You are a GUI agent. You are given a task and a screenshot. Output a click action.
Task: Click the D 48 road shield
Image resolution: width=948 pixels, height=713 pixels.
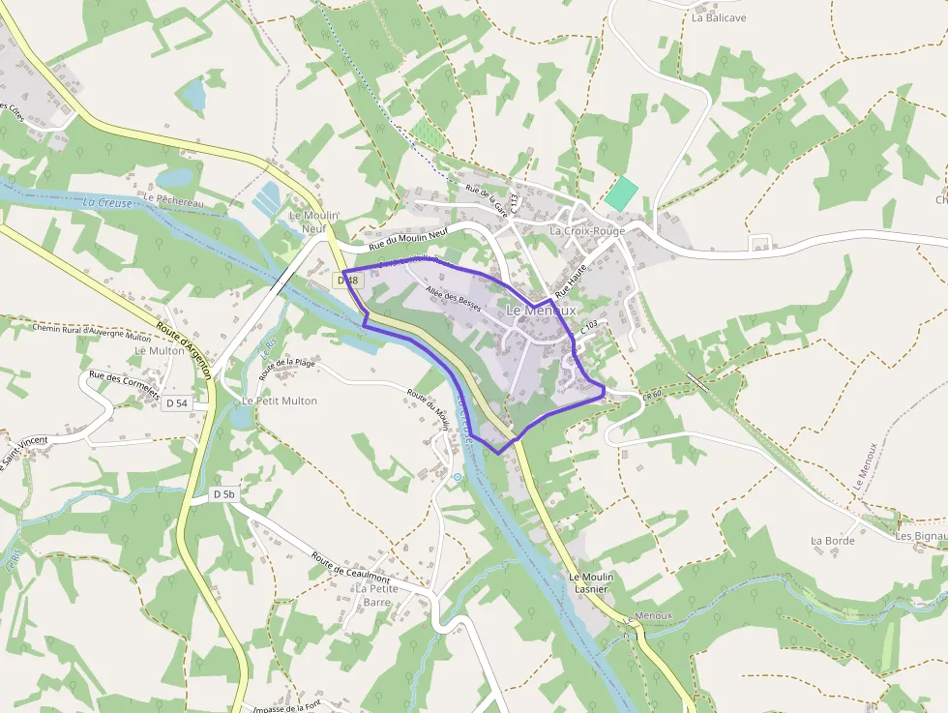pos(348,281)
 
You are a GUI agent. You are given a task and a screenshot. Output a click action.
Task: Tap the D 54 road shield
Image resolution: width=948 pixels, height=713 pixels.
pos(176,402)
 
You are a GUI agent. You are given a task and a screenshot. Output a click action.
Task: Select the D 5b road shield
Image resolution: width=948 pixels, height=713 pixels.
pos(224,494)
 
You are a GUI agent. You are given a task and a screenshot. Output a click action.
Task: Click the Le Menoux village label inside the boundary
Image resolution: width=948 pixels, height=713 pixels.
pos(541,311)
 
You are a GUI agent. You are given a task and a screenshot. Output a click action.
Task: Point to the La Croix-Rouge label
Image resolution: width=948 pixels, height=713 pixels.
pos(587,231)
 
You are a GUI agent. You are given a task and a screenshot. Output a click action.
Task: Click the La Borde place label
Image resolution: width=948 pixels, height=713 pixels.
pos(833,541)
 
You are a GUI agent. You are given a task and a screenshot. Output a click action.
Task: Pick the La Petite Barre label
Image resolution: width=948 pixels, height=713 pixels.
pos(376,594)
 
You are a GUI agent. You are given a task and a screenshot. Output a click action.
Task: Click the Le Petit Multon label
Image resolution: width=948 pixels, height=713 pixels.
pos(279,401)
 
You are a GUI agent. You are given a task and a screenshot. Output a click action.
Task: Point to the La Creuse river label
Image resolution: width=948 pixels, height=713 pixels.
pos(107,202)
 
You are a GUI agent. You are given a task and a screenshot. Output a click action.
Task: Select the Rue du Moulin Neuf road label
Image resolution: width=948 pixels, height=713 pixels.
pos(409,238)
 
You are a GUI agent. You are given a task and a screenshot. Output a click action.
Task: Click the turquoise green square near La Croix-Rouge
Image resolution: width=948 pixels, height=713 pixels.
pos(622,193)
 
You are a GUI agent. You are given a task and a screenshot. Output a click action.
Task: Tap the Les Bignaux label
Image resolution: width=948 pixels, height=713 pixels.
pos(921,535)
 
